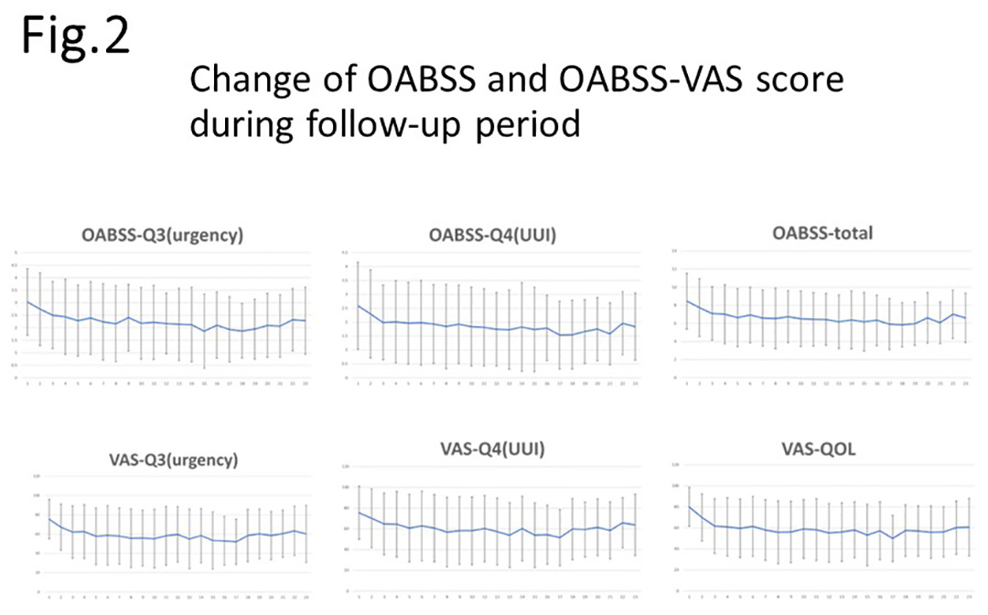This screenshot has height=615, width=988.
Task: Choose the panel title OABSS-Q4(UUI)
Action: tap(491, 235)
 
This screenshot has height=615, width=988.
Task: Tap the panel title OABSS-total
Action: tap(823, 233)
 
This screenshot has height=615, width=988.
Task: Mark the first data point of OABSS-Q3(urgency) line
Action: tap(28, 302)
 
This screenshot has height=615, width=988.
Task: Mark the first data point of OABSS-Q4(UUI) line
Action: tap(358, 306)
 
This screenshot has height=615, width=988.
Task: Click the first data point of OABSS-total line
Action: tap(687, 301)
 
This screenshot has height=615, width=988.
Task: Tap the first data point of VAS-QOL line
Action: tap(688, 506)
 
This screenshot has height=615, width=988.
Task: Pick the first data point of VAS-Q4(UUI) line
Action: tap(359, 512)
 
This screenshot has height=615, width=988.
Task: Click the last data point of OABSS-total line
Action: tap(965, 317)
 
